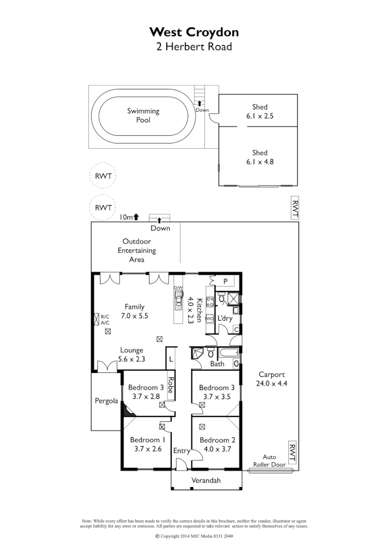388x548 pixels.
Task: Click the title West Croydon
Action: point(194,32)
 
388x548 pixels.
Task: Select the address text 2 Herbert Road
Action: point(194,46)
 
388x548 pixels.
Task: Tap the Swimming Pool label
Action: point(143,115)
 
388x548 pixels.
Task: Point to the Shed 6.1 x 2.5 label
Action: point(260,112)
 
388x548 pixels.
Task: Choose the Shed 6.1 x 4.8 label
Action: point(260,157)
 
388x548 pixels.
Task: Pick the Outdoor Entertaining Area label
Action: point(137,250)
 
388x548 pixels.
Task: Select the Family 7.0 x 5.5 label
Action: point(134,311)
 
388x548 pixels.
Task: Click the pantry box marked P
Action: point(226,281)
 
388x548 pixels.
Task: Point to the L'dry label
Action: point(225,318)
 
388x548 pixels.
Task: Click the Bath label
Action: point(217,364)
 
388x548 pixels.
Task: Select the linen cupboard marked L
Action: point(171,357)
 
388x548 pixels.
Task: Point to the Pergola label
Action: point(107,401)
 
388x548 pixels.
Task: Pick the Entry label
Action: point(182,451)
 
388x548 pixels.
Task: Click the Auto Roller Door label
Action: point(270,461)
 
